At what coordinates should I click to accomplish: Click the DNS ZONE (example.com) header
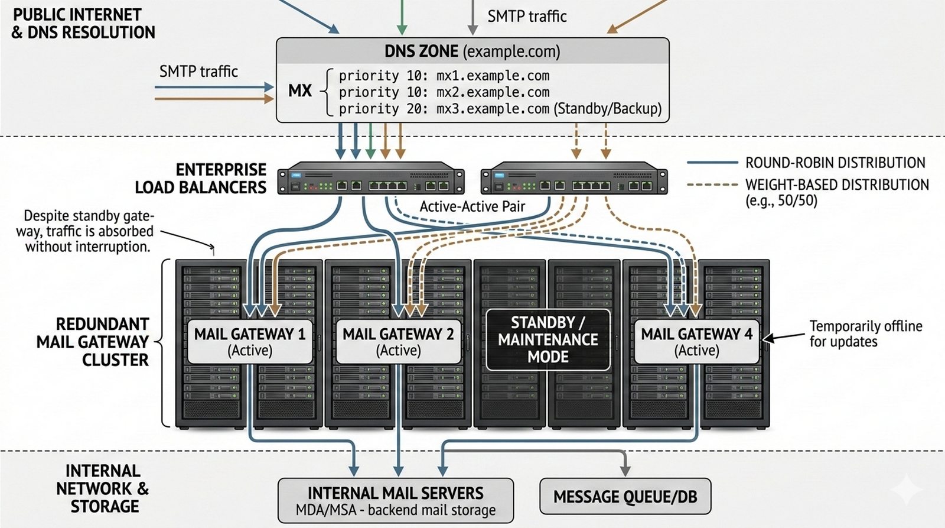pos(472,51)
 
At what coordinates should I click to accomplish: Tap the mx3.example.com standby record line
pos(500,109)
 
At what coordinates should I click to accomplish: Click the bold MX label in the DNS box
pos(300,90)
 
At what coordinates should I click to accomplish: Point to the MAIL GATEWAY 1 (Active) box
pos(250,342)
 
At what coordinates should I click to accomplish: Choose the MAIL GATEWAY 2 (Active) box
pos(399,342)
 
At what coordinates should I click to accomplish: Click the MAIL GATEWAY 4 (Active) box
pos(697,342)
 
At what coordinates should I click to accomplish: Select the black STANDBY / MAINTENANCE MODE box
pos(548,339)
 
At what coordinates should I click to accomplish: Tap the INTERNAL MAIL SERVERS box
pos(396,500)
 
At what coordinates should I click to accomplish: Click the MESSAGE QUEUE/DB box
pos(625,497)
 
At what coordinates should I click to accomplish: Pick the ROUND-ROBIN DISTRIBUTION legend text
pos(835,163)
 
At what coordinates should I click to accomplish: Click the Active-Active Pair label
pos(472,206)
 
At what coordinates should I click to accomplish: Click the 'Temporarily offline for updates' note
pos(865,333)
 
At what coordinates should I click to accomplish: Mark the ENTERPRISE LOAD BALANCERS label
pos(201,179)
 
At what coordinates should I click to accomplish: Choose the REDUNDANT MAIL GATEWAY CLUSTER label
pos(93,342)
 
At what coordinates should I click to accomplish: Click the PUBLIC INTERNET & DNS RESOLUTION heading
pos(83,24)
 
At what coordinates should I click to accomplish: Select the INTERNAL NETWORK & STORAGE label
pos(103,488)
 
